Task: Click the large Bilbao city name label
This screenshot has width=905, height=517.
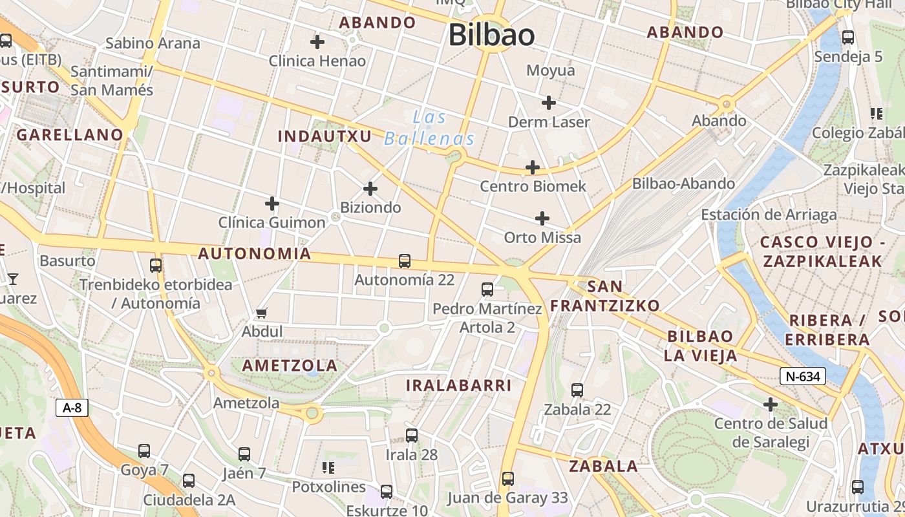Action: point(492,35)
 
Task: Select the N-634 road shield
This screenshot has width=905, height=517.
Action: point(803,376)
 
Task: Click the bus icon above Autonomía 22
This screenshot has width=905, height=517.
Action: point(405,261)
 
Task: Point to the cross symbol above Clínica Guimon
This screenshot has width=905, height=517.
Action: point(272,204)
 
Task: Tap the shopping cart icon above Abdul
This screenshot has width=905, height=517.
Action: point(262,313)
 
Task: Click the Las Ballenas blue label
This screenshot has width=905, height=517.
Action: point(430,128)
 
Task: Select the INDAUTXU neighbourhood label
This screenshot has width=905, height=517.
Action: point(325,136)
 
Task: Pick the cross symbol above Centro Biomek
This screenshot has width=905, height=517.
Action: point(533,167)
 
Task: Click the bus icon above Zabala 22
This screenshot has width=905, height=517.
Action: point(577,390)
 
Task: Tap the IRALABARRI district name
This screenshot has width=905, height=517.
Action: point(458,385)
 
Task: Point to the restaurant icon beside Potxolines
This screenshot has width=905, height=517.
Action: point(328,467)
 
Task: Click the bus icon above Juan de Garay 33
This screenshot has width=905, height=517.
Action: point(508,479)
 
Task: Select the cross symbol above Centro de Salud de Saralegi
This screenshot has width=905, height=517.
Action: point(770,405)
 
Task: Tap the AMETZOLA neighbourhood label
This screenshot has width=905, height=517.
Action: point(290,365)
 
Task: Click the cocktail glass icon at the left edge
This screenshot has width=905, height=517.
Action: point(12,279)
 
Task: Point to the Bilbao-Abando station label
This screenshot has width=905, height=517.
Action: point(683,184)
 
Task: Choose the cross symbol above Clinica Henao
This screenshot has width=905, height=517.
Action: point(317,42)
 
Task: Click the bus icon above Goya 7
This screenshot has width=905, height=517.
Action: point(144,451)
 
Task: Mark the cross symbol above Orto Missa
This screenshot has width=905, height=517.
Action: point(542,218)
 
